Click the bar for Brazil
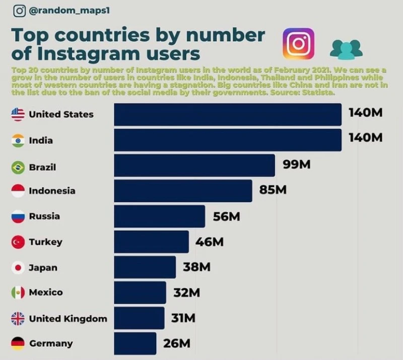194,166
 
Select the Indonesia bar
183,191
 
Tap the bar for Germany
135,343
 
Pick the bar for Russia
159,217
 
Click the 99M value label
296,165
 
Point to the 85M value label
273,190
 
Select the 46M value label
210,242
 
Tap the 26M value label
177,343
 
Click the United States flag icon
18,114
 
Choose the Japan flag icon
18,268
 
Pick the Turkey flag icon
18,242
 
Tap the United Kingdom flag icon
18,319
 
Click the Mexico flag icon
18,293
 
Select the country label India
41,140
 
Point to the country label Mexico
46,293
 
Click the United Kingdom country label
68,319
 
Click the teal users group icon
346,48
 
